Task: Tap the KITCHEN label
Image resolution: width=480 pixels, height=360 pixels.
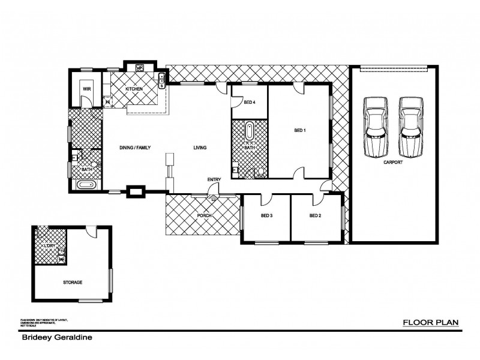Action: [x=133, y=89]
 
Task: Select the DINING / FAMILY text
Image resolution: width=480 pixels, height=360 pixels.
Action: [x=134, y=147]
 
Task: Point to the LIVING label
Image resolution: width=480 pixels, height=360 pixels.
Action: [x=200, y=147]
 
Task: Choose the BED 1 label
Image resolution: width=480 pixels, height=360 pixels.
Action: [x=300, y=130]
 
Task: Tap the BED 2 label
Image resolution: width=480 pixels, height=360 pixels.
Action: [x=316, y=215]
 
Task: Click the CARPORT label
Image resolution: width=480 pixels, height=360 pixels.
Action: [x=392, y=162]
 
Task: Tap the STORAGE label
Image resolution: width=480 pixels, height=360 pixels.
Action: [x=72, y=282]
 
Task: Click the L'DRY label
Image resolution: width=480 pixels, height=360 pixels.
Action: [x=50, y=246]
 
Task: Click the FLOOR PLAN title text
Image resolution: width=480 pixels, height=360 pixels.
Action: [x=430, y=323]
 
